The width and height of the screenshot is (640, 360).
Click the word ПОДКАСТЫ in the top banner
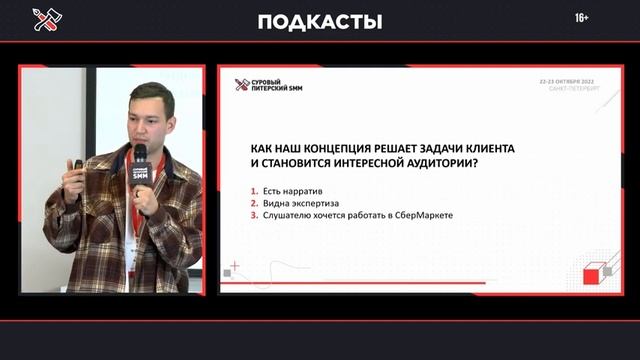click(x=320, y=22)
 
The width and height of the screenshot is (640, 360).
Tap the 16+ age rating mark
click(x=582, y=19)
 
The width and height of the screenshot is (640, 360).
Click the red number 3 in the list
click(x=254, y=214)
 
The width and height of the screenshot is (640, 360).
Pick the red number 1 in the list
click(x=254, y=190)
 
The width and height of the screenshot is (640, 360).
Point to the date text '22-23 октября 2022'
click(x=567, y=79)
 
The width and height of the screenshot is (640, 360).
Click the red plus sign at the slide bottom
click(x=234, y=266)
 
